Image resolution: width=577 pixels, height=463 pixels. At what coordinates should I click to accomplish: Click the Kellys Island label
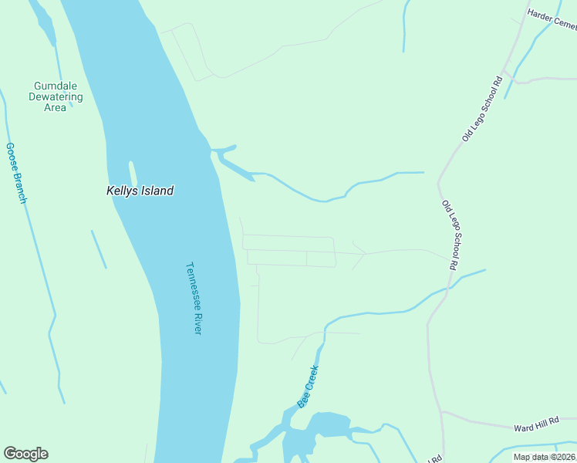(140, 191)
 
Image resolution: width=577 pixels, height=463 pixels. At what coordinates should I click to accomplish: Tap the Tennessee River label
(194, 298)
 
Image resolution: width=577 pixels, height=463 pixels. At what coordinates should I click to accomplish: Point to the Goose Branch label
(16, 173)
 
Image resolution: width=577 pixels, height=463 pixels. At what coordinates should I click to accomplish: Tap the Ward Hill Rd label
(535, 427)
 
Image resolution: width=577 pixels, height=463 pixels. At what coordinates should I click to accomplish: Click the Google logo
(25, 454)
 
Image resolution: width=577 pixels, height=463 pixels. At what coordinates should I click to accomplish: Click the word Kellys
(122, 191)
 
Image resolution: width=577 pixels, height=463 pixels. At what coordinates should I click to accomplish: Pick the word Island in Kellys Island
(157, 191)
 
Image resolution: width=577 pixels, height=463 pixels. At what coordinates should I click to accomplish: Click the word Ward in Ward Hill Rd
(524, 427)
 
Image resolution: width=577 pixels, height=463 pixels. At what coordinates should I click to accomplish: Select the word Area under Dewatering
(55, 107)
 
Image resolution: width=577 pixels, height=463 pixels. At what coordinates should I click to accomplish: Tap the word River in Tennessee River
(197, 321)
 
